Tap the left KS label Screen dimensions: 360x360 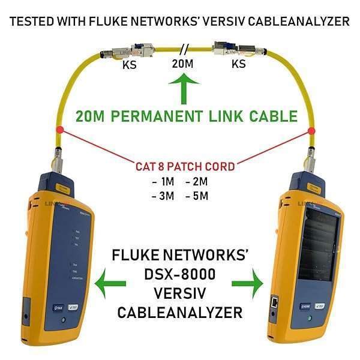pyautogui.click(x=128, y=65)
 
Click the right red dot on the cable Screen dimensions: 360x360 pyautogui.click(x=311, y=130)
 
